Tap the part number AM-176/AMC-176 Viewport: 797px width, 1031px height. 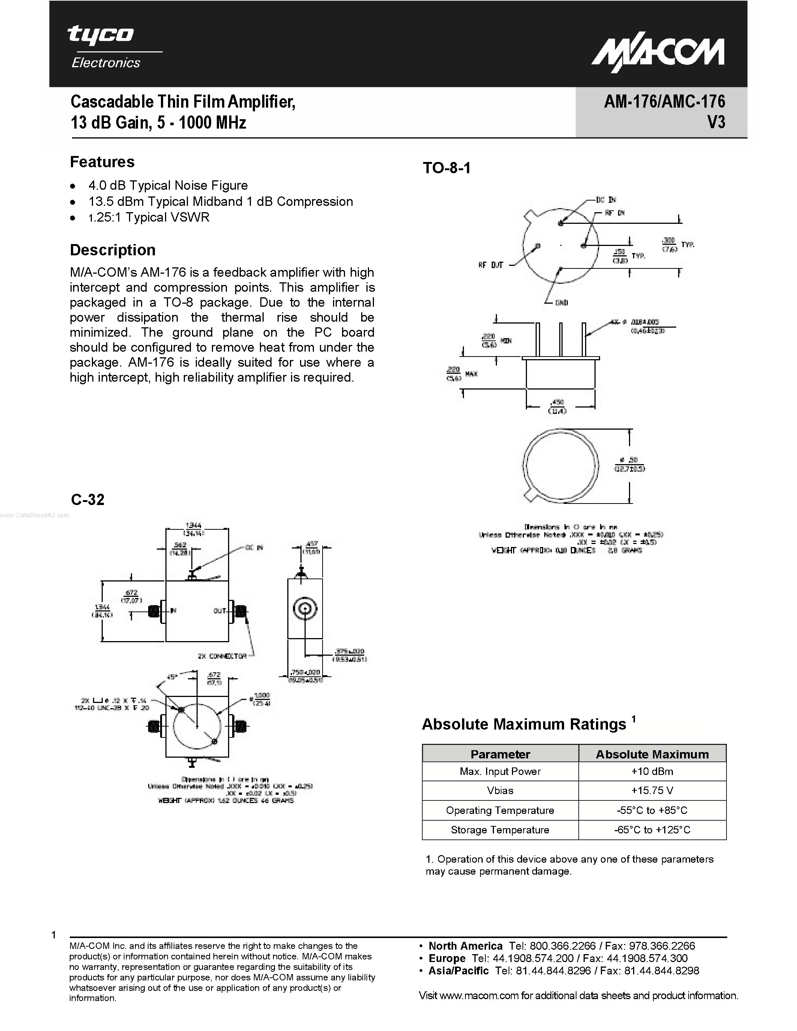pyautogui.click(x=664, y=102)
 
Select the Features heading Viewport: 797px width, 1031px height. pyautogui.click(x=102, y=162)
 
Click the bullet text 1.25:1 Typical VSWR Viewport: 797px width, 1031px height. pyautogui.click(x=149, y=217)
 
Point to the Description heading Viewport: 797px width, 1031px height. pyautogui.click(x=113, y=250)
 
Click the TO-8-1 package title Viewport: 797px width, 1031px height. pyautogui.click(x=446, y=168)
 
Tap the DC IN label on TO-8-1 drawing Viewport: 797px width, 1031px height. pyautogui.click(x=606, y=200)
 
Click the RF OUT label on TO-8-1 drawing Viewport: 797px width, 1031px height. pyautogui.click(x=491, y=265)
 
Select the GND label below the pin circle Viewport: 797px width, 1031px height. pyautogui.click(x=561, y=303)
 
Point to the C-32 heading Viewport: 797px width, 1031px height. pyautogui.click(x=88, y=499)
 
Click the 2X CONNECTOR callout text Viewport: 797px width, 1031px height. pyautogui.click(x=222, y=656)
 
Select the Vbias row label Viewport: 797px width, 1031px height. pyautogui.click(x=500, y=791)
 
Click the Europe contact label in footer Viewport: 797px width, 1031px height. pyautogui.click(x=447, y=958)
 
